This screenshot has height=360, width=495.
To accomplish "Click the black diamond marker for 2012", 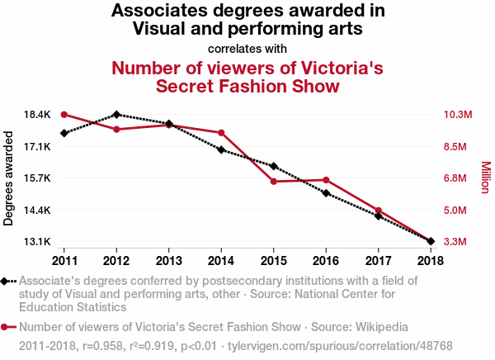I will point(116,114).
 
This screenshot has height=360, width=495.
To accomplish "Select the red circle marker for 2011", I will point(64,115).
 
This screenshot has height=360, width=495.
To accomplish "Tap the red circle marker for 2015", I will point(273,182).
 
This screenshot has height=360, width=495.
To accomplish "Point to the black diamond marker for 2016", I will point(326,193).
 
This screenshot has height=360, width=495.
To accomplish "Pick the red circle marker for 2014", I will point(221,133).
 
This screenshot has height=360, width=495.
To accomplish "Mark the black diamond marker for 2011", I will point(64,134).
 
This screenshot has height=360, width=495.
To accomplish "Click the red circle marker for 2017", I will point(378,211).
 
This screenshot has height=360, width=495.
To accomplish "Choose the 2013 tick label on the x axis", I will point(168,260).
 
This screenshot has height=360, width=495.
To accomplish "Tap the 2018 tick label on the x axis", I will point(430,260).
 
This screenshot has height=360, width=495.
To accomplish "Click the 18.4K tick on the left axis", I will point(37,115).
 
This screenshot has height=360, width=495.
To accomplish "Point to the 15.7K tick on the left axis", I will point(37,178).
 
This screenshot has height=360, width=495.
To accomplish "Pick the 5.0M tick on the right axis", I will point(457,211).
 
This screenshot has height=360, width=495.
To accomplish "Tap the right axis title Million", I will point(485,178).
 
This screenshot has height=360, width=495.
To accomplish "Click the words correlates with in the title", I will point(247,48).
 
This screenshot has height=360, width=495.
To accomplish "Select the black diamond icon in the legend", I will point(7,282).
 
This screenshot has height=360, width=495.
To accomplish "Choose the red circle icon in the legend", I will point(7,326).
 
